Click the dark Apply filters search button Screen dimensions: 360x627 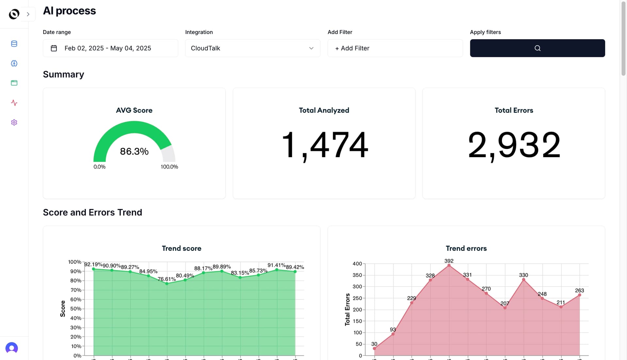[x=537, y=48]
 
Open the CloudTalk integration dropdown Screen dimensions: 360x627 [x=252, y=48]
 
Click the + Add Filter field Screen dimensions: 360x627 [x=395, y=48]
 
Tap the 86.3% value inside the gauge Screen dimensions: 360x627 [x=134, y=151]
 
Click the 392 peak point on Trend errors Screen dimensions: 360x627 [x=449, y=265]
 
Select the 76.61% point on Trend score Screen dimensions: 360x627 [x=167, y=284]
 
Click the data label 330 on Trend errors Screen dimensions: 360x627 [x=523, y=275]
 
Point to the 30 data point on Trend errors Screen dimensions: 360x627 [x=375, y=349]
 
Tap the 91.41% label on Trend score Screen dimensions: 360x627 [x=277, y=265]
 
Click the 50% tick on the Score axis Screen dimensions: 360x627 [x=76, y=309]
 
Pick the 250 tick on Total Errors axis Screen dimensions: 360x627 [x=357, y=298]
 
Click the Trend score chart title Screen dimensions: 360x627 [x=182, y=248]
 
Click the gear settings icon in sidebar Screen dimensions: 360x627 [x=14, y=122]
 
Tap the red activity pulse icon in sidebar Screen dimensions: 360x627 [x=14, y=103]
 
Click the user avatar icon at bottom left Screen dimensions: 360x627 [x=12, y=348]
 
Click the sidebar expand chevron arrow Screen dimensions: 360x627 [x=28, y=14]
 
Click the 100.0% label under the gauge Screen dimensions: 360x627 [x=169, y=167]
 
